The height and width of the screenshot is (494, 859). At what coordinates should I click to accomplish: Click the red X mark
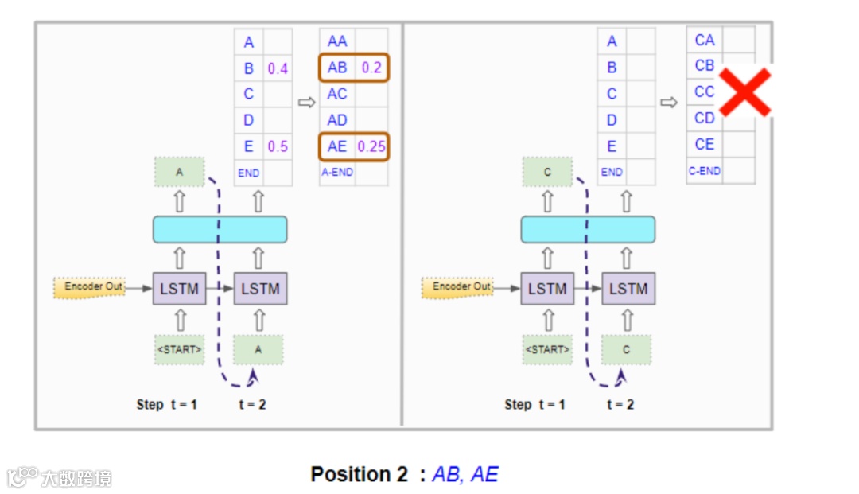(745, 92)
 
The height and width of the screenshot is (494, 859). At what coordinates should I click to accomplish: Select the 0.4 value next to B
(278, 68)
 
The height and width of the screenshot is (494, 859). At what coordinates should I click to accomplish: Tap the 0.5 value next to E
(278, 146)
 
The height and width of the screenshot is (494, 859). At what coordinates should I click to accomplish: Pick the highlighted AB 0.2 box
(354, 68)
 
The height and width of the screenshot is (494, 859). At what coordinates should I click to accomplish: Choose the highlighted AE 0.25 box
(354, 146)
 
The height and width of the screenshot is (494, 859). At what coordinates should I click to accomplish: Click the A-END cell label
(337, 172)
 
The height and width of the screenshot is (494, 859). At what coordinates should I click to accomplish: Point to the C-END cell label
(704, 170)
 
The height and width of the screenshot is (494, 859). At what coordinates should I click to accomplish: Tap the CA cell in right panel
(705, 40)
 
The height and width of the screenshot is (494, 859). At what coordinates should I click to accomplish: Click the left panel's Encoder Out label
(89, 286)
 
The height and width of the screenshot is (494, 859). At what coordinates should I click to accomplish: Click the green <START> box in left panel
(179, 349)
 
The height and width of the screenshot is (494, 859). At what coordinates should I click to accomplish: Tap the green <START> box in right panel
(547, 349)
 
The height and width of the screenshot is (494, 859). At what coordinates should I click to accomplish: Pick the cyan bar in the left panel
(220, 229)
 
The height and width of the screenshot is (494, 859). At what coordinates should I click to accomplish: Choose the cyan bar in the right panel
(588, 229)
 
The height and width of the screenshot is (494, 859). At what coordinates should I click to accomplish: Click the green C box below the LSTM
(626, 349)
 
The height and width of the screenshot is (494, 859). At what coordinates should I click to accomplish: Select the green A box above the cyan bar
(179, 172)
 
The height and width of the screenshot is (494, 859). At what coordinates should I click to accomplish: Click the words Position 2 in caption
(359, 475)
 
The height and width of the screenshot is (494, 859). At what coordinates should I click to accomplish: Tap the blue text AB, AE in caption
(465, 475)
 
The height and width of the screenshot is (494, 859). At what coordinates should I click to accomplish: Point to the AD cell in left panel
(337, 120)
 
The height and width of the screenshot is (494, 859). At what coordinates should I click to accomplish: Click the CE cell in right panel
(705, 144)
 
